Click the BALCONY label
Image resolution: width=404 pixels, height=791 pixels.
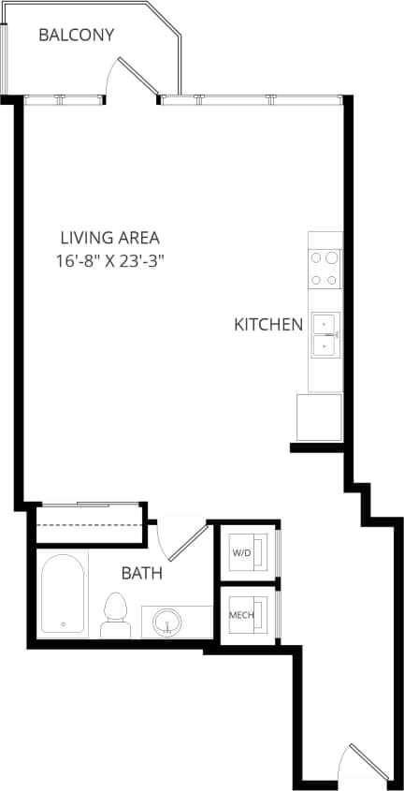coord(76,36)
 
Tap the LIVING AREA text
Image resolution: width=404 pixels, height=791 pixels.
coord(109,238)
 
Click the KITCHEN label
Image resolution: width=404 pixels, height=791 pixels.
coord(268,326)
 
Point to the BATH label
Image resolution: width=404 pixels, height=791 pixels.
coord(141,573)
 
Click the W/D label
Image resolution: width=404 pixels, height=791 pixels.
coord(241,553)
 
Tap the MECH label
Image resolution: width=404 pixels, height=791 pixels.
coord(241,615)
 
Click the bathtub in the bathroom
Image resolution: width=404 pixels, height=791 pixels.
coord(64,594)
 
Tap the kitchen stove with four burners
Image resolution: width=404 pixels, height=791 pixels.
coord(325,268)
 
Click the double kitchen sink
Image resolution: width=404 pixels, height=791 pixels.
coord(325,335)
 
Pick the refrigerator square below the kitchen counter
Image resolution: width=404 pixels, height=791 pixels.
coord(319,417)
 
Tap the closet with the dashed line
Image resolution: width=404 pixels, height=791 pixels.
coord(90,525)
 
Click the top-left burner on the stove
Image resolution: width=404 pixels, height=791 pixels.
coord(317,257)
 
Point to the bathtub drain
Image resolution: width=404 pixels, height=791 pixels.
coord(63,624)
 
